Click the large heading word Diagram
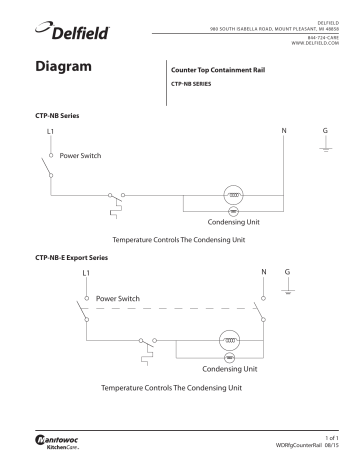[65, 68]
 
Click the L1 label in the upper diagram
[51, 132]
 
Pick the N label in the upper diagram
[283, 132]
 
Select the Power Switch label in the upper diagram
[87, 156]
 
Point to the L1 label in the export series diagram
[86, 273]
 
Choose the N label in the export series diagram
[263, 272]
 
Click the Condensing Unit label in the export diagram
[229, 368]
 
